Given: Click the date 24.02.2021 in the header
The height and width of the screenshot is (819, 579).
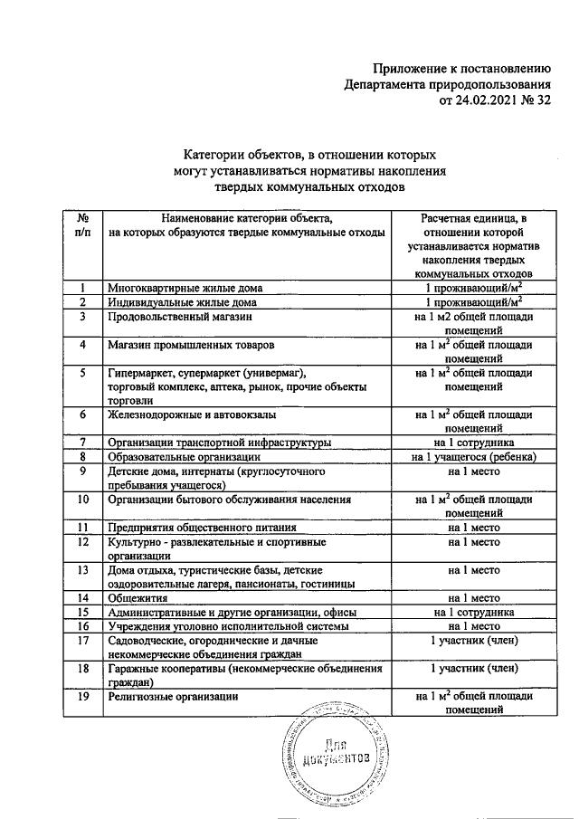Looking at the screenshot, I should (x=489, y=101).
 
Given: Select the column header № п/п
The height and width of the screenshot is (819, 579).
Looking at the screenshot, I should (x=81, y=225).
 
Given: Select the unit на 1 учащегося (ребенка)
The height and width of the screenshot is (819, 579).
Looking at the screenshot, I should (x=474, y=457).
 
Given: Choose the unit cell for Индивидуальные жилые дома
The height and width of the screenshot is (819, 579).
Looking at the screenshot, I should (x=474, y=302).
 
